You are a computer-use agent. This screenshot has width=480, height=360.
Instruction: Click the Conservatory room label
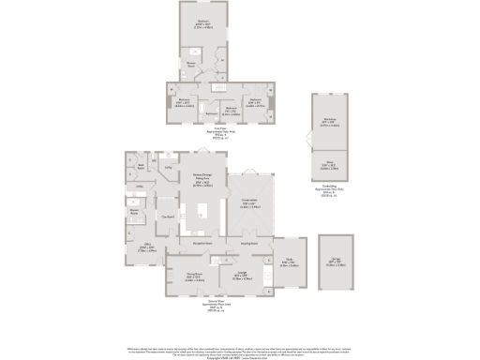coord(249,203)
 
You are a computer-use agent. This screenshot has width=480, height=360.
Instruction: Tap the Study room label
coord(291,263)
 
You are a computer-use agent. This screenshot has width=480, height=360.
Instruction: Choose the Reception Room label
coord(201,244)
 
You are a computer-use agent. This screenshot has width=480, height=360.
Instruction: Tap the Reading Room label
coord(249,244)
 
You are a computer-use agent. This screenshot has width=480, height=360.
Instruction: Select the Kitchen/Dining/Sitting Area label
coord(202,182)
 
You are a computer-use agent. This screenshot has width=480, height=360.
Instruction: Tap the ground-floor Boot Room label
coord(142,168)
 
